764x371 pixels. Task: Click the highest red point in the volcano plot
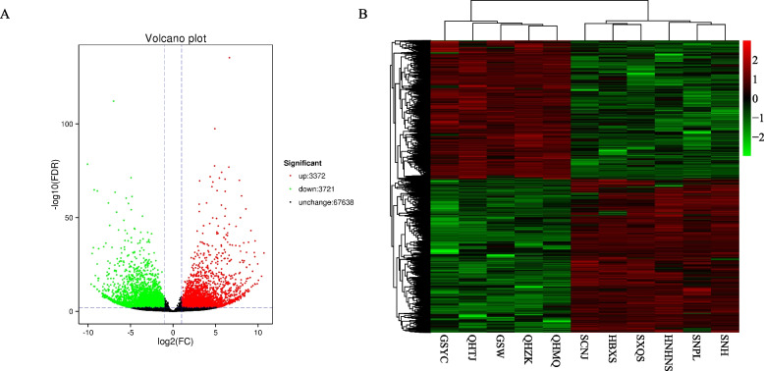coord(229,58)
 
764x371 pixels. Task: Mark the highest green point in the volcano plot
coord(114,101)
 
